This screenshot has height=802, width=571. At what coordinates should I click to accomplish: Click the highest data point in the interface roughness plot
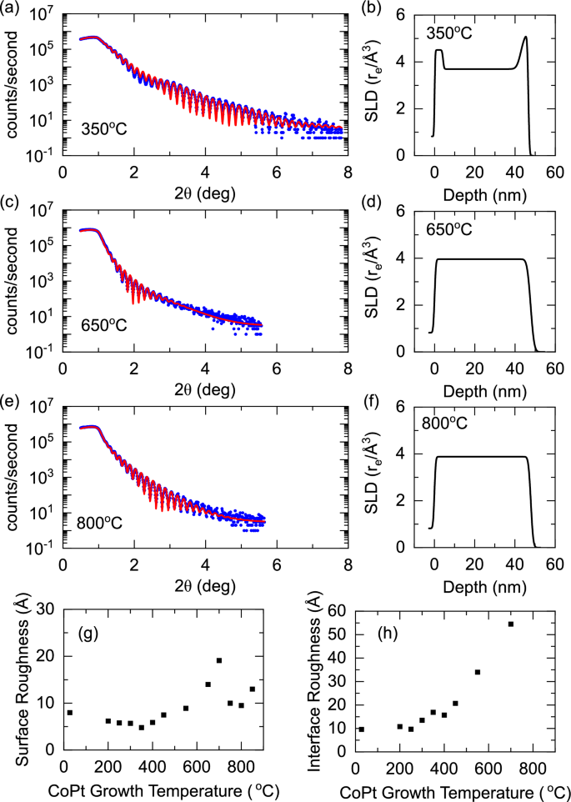[511, 624]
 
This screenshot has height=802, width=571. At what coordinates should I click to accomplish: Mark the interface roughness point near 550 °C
[478, 672]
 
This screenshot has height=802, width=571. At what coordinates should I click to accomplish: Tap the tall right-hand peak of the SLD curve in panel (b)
[525, 38]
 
